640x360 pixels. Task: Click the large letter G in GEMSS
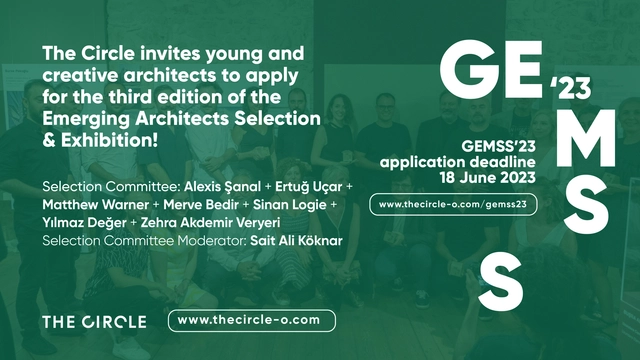[x=468, y=67]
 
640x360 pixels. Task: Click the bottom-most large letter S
[x=500, y=279]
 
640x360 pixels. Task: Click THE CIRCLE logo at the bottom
[x=94, y=321]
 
